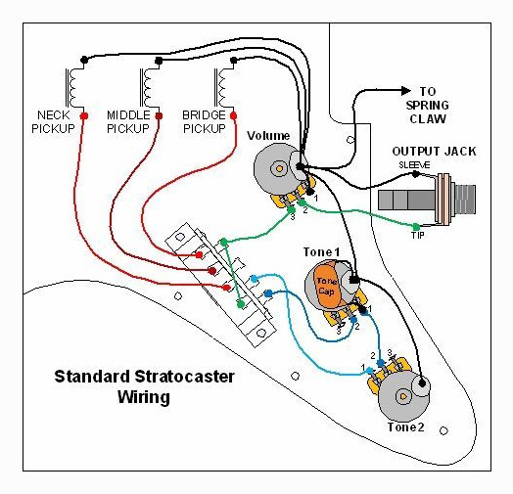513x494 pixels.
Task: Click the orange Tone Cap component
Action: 326,285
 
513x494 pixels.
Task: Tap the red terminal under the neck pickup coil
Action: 84,115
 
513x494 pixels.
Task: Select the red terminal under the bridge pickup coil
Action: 234,115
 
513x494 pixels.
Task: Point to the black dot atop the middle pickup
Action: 159,61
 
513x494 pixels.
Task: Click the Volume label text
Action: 268,136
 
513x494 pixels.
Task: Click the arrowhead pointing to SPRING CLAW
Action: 405,91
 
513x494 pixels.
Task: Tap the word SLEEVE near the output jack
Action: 414,165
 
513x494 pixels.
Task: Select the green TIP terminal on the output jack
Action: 416,227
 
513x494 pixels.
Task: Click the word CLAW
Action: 428,119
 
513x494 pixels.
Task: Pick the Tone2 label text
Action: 405,427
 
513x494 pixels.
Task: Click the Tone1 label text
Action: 322,252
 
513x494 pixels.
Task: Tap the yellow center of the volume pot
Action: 279,168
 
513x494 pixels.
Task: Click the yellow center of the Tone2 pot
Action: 402,396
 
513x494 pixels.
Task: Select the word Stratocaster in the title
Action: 184,377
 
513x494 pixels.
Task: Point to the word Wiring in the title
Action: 144,397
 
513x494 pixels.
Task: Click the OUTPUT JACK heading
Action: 434,152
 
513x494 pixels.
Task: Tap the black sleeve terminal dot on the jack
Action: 415,174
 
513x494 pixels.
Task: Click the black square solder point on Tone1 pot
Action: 354,280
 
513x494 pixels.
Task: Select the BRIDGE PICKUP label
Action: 205,122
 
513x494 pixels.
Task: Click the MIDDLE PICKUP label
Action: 128,122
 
